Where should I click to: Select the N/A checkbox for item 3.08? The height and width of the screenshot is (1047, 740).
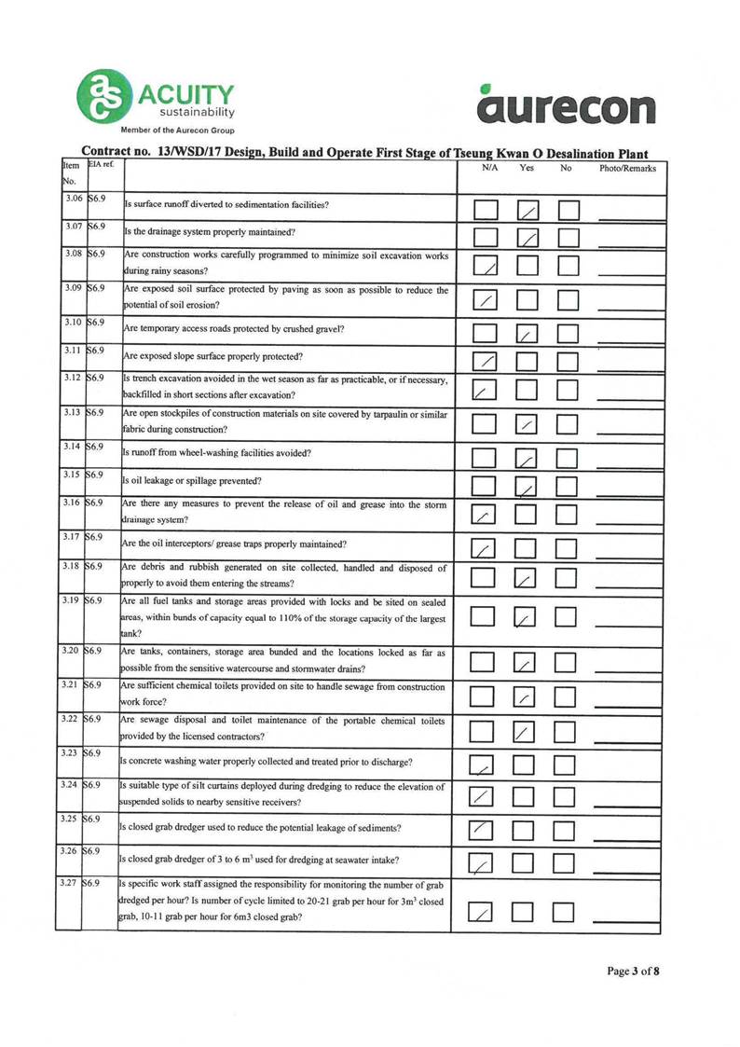point(486,268)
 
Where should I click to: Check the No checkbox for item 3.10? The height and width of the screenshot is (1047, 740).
point(569,331)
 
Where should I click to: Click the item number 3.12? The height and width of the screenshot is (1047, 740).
point(70,379)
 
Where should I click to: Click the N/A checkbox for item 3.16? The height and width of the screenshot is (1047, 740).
point(486,514)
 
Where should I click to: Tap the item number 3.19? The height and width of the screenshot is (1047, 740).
point(70,600)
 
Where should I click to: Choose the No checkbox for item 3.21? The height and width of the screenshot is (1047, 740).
point(569,696)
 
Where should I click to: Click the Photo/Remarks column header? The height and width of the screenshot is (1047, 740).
point(628,169)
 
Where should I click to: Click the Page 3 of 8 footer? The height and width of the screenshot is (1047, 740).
point(634,971)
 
